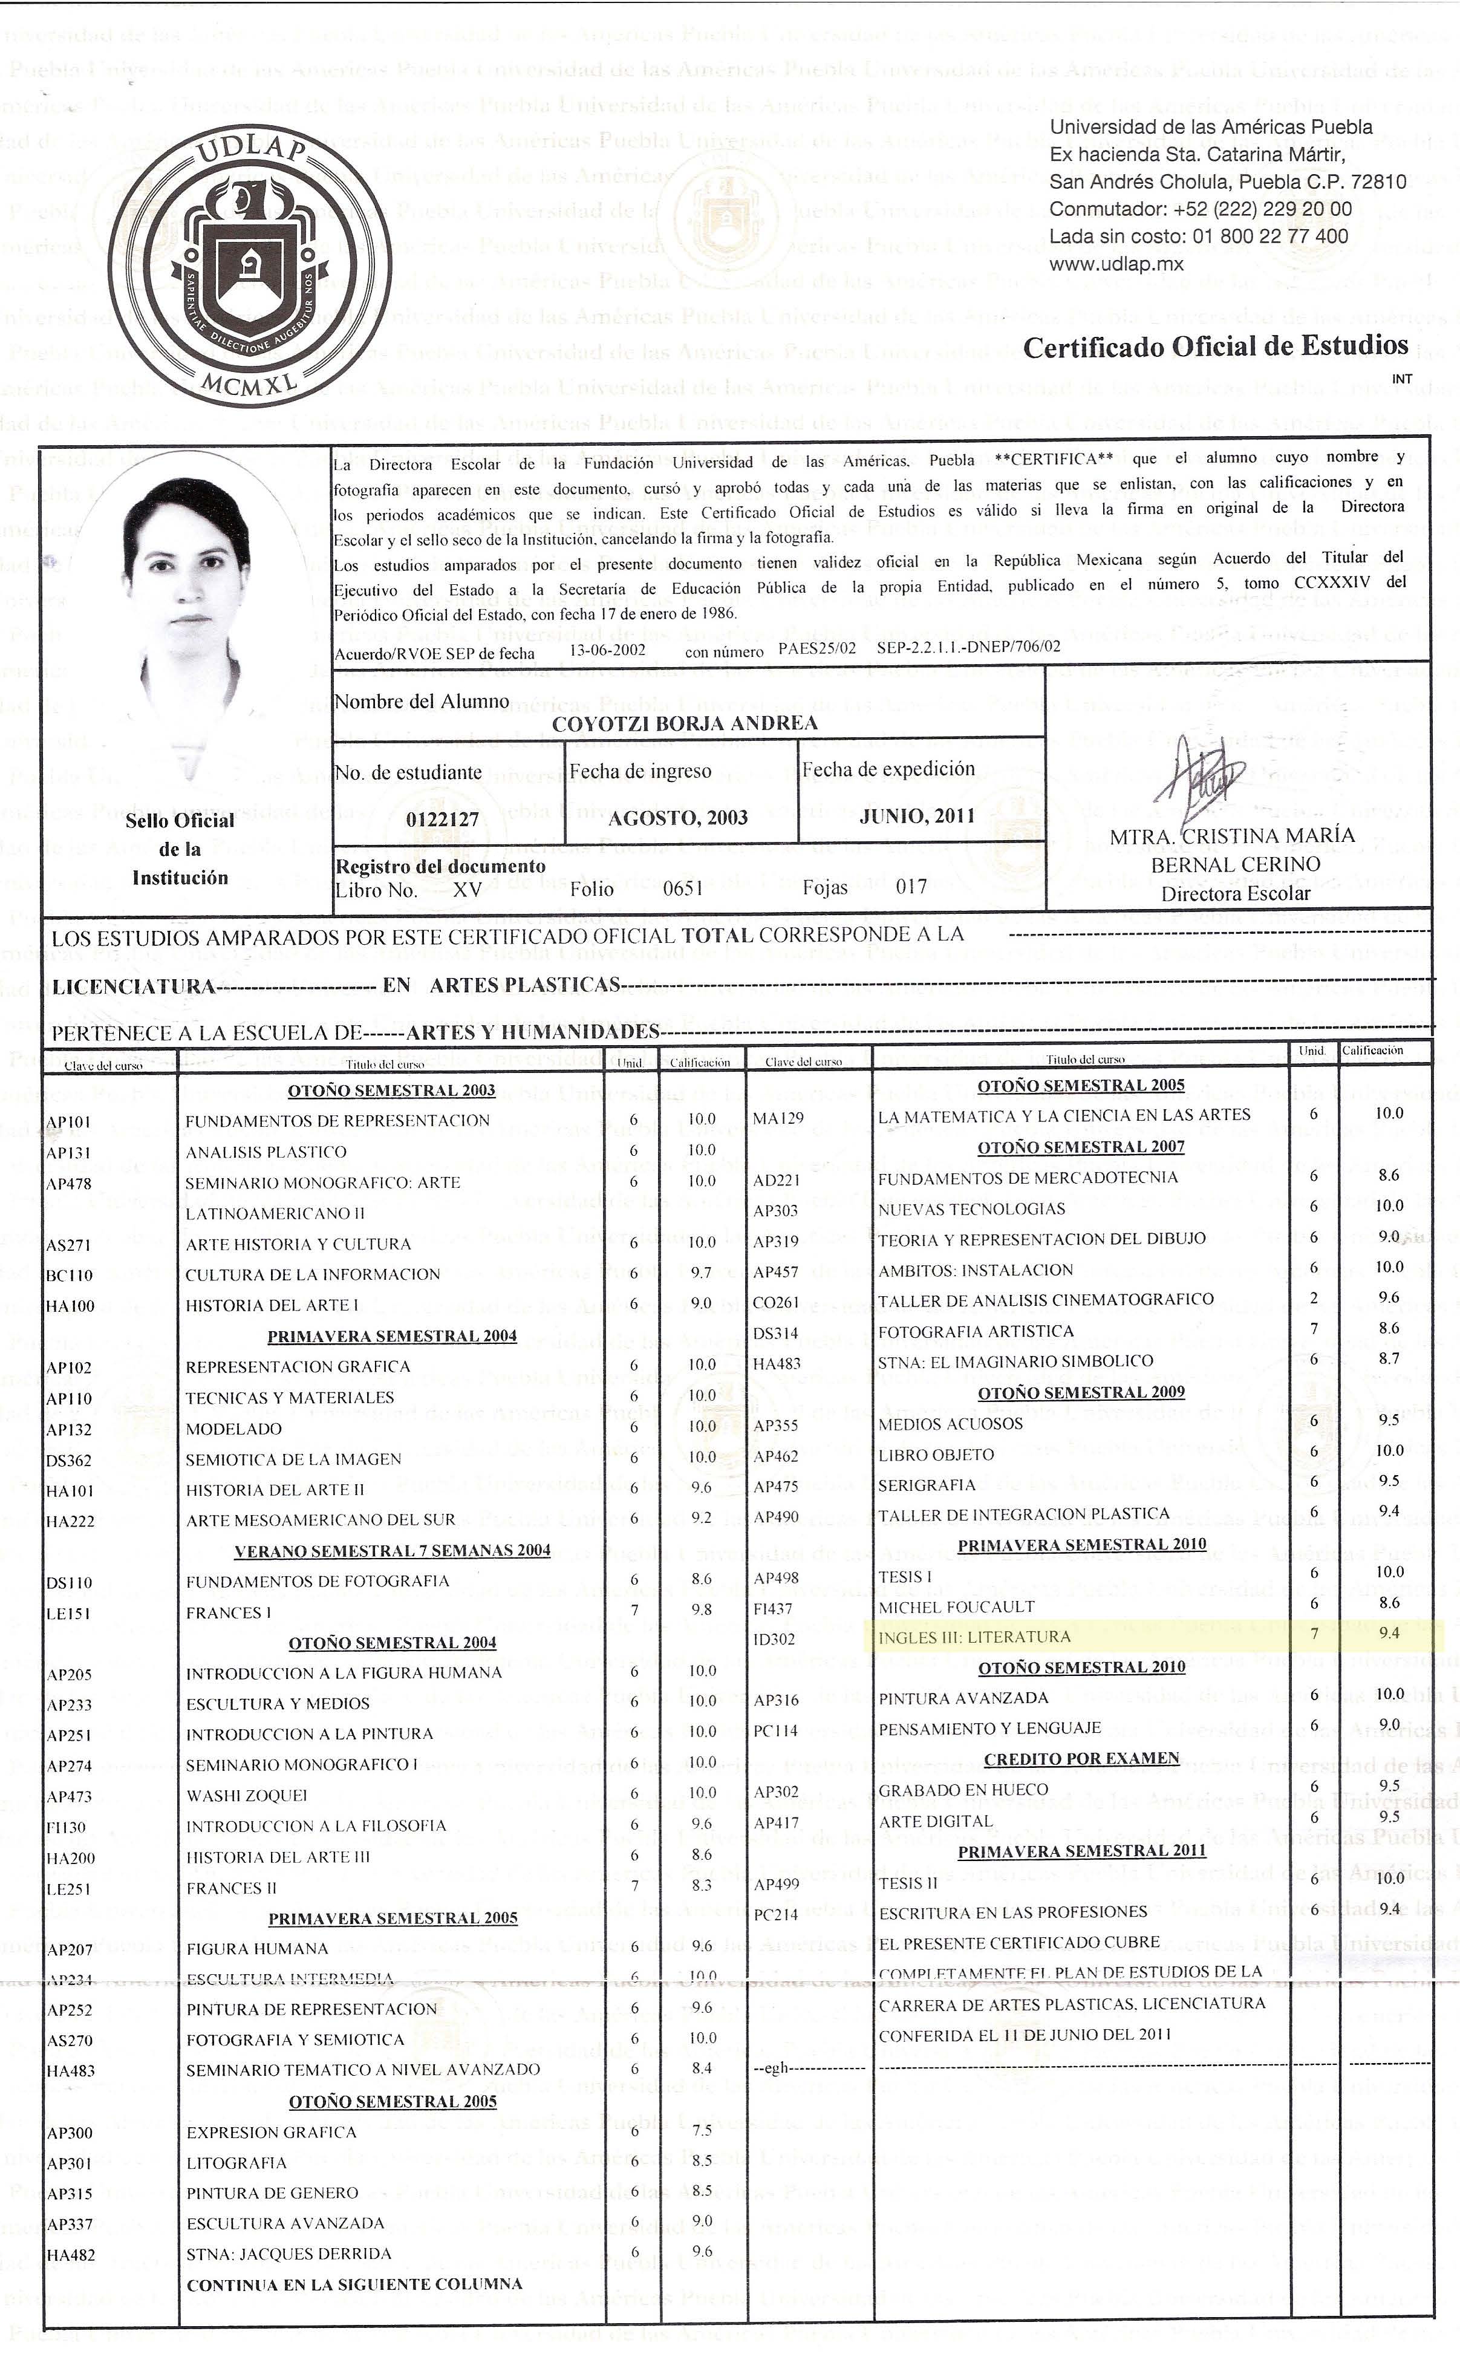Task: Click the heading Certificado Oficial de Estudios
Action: (x=1214, y=347)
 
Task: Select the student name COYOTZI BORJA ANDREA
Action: (x=685, y=724)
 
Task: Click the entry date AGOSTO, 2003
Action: (x=678, y=818)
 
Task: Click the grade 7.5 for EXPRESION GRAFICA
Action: (x=702, y=2129)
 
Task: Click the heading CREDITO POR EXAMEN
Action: (x=1081, y=1758)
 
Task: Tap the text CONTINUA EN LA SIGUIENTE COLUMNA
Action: (x=354, y=2284)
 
